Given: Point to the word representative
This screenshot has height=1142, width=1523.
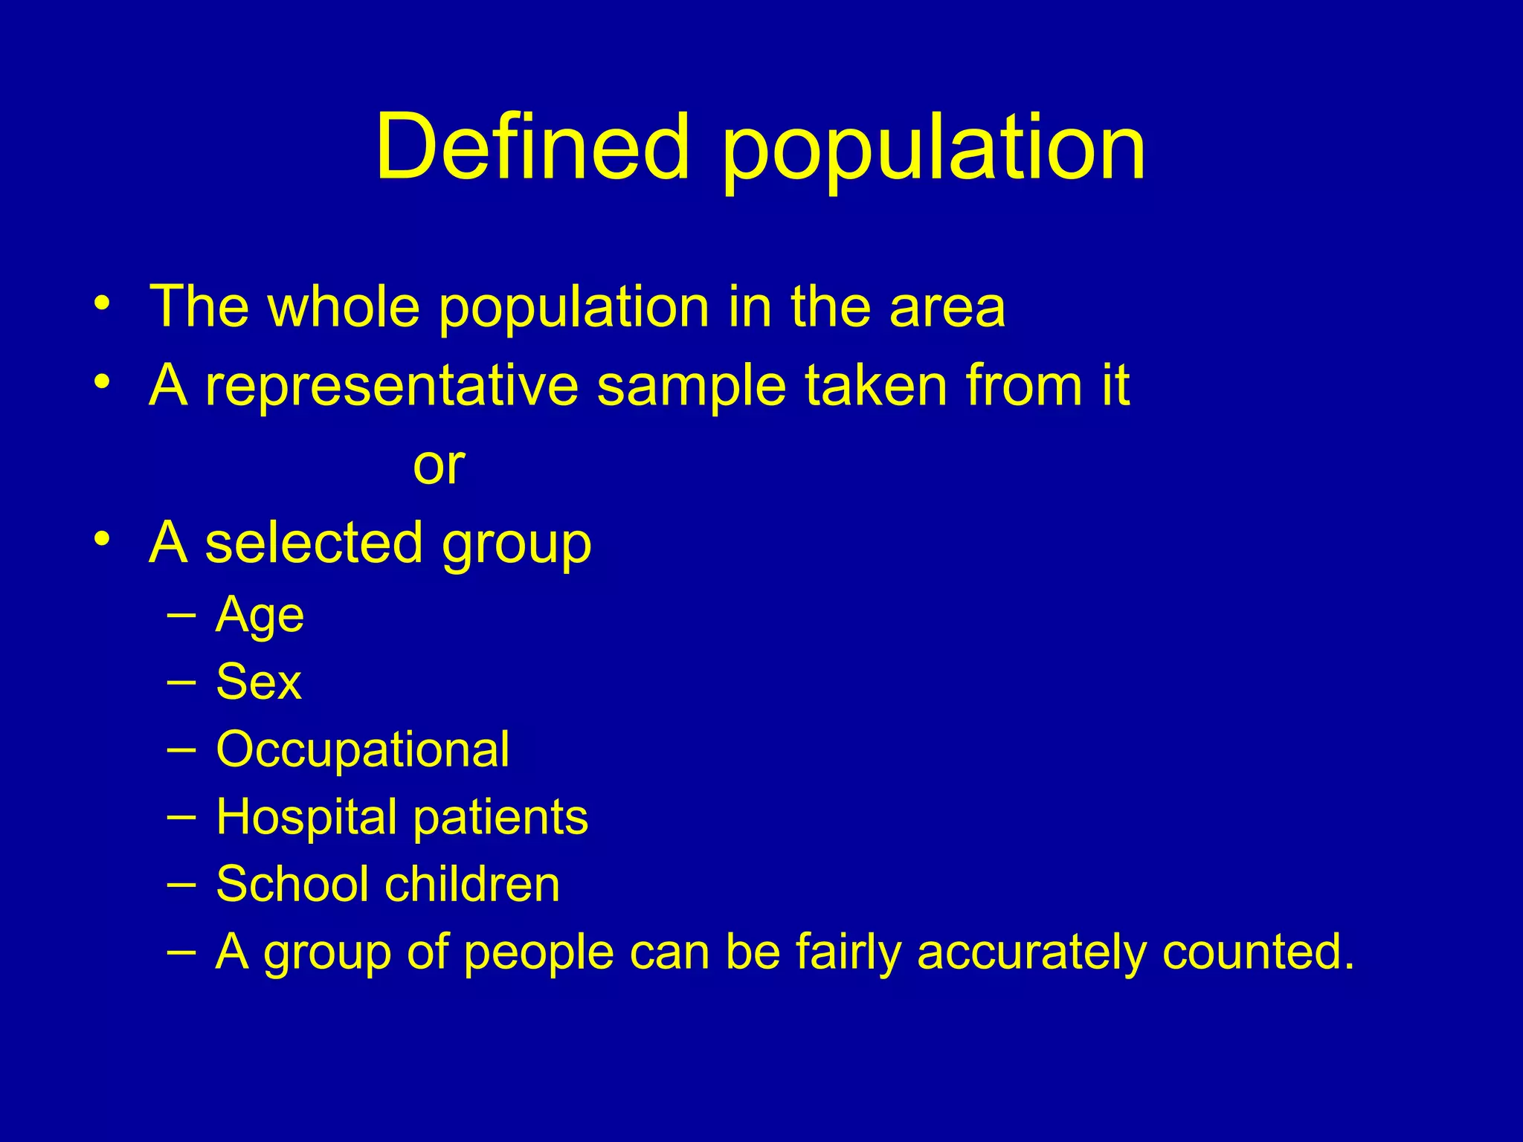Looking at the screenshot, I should [392, 387].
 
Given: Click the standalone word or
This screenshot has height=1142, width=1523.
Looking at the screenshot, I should [439, 466].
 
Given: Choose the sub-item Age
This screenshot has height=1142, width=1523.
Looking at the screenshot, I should [260, 616].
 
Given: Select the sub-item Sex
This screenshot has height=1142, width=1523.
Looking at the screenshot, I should [258, 682].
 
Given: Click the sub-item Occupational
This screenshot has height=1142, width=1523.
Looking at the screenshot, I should [362, 750].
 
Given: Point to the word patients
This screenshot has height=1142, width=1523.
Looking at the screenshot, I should [500, 818].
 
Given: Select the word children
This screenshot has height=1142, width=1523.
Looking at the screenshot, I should [472, 884].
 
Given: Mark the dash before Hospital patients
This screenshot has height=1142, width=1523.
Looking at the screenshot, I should [182, 816].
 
